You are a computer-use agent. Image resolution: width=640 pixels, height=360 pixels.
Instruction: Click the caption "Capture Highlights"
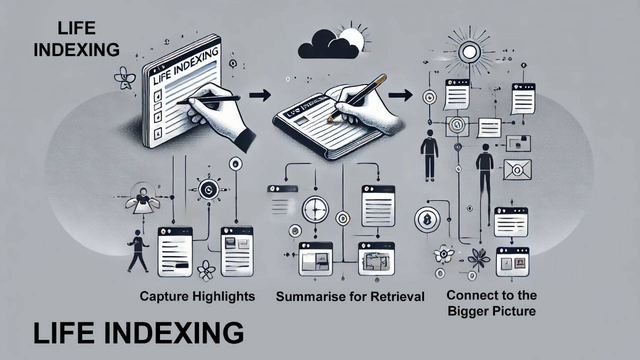[197, 296]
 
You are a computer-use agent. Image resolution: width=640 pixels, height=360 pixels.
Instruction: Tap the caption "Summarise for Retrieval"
[350, 296]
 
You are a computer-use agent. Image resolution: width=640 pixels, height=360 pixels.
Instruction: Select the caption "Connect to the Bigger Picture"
[491, 303]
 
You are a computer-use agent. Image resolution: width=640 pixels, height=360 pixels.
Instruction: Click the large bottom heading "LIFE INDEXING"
[138, 333]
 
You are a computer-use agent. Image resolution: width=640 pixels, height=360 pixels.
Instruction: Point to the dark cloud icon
[327, 46]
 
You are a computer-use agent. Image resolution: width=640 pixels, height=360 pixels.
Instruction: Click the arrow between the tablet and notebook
[259, 95]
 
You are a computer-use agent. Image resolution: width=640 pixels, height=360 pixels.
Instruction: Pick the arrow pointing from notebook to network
[400, 94]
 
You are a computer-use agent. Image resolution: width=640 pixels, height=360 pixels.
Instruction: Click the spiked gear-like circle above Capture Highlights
[206, 189]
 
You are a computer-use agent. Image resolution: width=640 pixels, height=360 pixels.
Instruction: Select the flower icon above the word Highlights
[205, 270]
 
